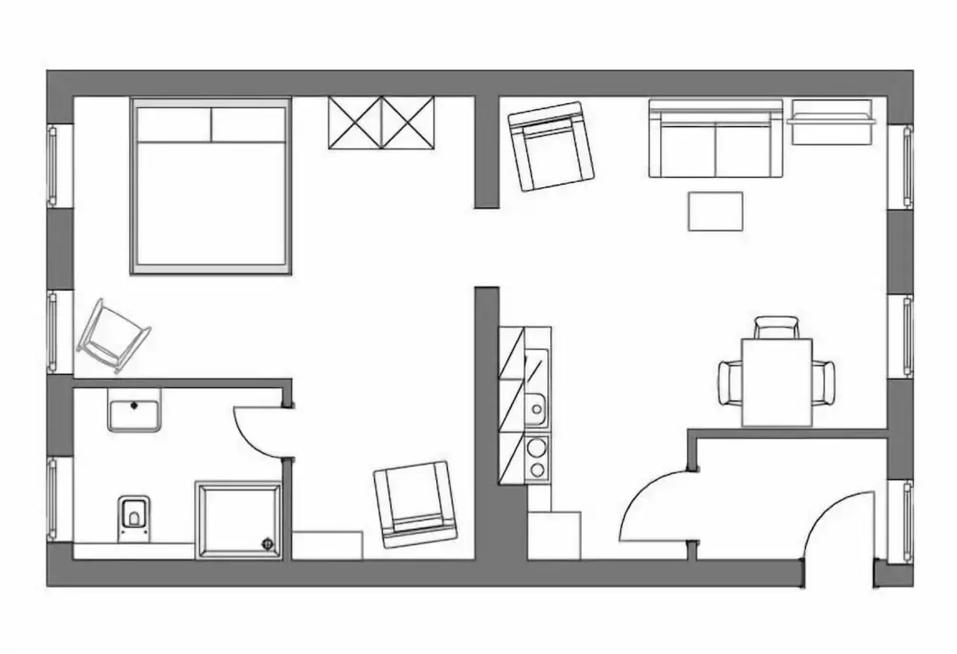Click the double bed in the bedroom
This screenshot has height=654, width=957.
pos(210,188)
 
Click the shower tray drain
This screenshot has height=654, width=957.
pos(267,544)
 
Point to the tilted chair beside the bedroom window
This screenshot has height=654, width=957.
pos(113,336)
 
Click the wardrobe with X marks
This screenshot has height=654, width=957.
pos(381,122)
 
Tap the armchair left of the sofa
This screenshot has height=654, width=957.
pos(550,146)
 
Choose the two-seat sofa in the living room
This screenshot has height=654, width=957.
pos(715,140)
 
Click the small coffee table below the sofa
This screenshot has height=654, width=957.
pos(715,211)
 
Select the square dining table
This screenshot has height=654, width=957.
pos(776,382)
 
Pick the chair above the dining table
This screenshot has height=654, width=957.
pos(776,326)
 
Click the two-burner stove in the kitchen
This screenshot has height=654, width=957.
pos(536,459)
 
